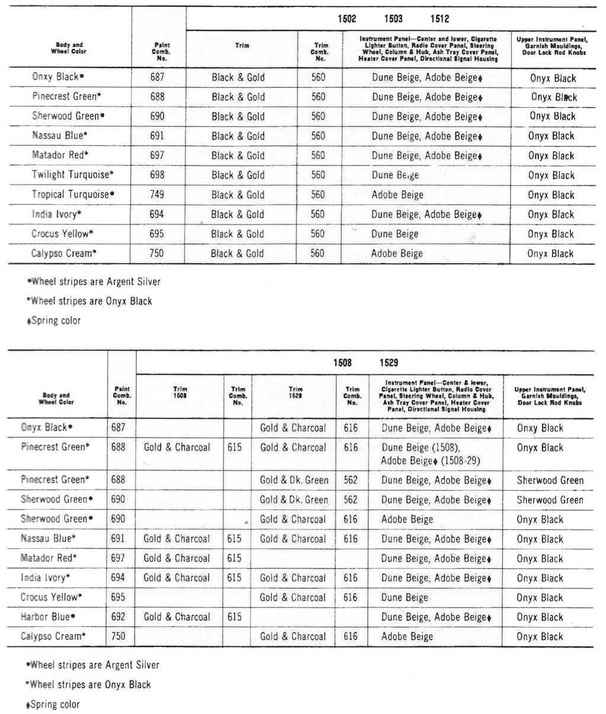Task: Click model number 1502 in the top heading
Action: (x=347, y=19)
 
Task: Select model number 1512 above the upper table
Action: (x=440, y=19)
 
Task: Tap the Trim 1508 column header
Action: (x=180, y=393)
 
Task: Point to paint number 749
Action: (x=157, y=194)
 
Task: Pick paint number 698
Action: (x=157, y=175)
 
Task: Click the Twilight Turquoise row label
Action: (x=73, y=175)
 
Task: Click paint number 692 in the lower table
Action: (x=118, y=616)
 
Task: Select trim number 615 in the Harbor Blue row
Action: (x=234, y=616)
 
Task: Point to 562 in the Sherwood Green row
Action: (x=350, y=500)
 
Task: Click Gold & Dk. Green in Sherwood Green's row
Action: (x=294, y=500)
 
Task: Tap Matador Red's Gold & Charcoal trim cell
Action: (x=176, y=558)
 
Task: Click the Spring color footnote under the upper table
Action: (x=54, y=321)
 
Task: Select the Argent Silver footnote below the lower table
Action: (x=94, y=665)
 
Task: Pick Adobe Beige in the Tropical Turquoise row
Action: (x=397, y=195)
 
